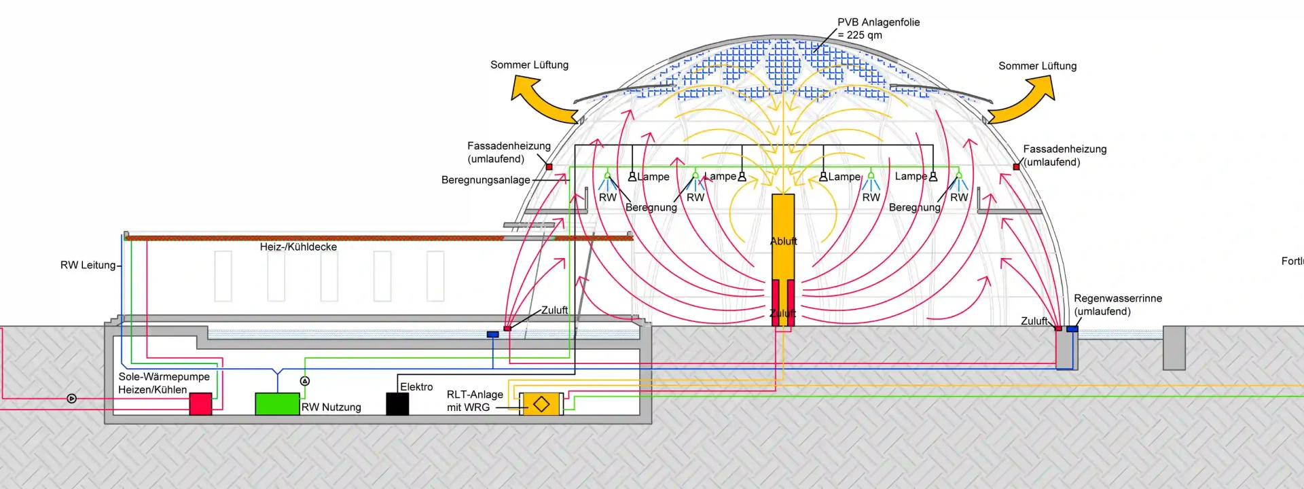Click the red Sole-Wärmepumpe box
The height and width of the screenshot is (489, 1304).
coord(200,403)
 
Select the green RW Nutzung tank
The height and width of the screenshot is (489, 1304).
coord(277,403)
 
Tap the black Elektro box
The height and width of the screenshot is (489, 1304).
coord(397,403)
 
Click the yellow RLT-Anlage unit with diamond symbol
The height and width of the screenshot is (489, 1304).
coord(541,403)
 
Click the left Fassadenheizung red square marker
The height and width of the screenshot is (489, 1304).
coord(549,166)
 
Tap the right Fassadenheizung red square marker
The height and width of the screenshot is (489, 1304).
coord(1016,166)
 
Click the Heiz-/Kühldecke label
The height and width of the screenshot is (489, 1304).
coord(298,247)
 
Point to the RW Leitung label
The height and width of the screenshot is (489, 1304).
coord(88,265)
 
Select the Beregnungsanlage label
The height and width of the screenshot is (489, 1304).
coord(486,180)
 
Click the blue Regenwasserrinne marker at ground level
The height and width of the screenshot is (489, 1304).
coord(1072,329)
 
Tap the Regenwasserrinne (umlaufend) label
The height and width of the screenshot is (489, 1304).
coord(1117,305)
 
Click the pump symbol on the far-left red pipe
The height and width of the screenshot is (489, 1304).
coord(72,399)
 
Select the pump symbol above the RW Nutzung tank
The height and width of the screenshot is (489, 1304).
coord(305,381)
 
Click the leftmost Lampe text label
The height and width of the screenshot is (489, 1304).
coord(653,177)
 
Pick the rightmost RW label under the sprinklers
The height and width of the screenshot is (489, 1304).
coord(959,198)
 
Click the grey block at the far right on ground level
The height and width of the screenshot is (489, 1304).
coord(1174,348)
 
